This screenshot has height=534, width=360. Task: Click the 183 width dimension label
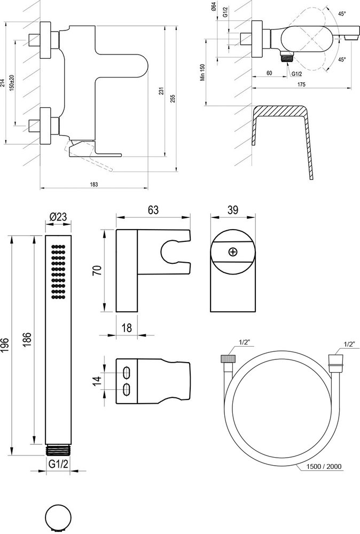(94, 184)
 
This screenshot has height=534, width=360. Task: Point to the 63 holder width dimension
(153, 210)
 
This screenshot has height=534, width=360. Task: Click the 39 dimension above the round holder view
(232, 210)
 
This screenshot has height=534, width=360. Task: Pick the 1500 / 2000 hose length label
(325, 466)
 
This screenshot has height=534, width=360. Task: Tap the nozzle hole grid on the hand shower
(58, 271)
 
